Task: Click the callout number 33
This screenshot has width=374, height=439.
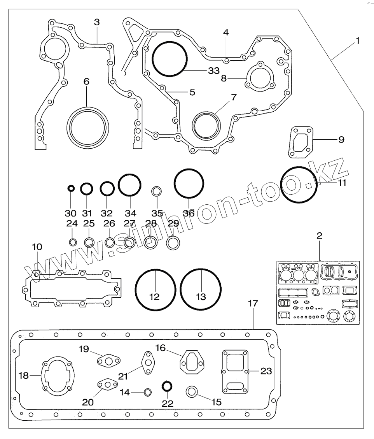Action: coord(214,71)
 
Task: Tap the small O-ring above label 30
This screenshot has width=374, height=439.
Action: coord(71,188)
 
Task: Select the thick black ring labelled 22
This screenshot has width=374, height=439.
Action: coord(167,386)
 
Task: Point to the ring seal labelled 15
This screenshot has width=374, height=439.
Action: coord(192,392)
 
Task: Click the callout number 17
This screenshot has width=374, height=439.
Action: coord(253,304)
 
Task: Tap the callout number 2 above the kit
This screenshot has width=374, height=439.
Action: coord(319,235)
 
